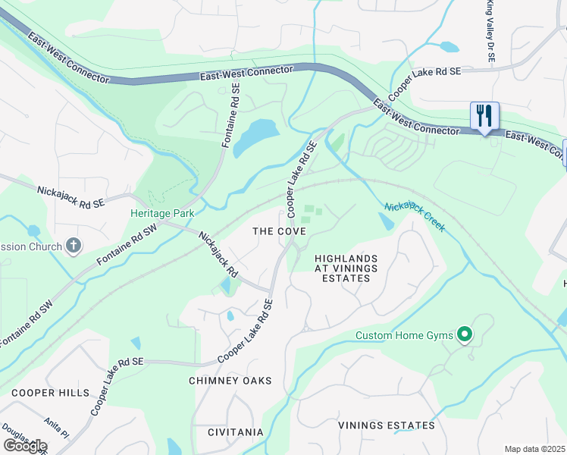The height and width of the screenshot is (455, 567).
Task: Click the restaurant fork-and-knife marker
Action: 484,116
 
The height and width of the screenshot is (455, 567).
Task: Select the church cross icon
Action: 73,245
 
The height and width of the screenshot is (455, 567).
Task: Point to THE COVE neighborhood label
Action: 279,231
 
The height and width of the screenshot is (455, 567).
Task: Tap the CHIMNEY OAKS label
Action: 230,381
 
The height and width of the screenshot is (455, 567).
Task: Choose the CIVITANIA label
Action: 236,432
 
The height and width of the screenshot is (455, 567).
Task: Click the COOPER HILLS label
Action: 50,393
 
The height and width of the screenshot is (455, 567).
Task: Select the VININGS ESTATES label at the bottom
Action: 387,425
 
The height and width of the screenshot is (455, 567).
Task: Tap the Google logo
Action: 24,446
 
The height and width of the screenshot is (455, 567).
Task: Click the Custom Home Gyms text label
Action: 405,335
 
